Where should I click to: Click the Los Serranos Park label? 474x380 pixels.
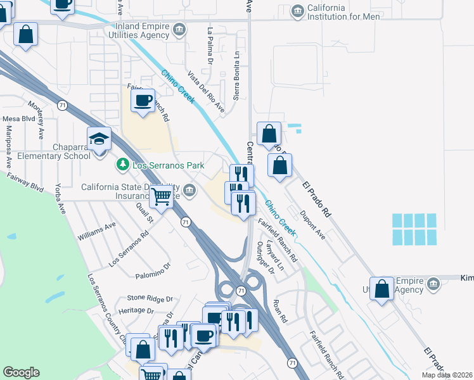pyautogui.click(x=168, y=165)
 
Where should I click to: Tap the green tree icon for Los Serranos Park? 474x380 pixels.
pyautogui.click(x=122, y=165)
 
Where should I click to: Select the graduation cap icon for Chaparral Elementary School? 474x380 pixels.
pyautogui.click(x=99, y=139)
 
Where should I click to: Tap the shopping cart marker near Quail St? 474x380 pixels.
pyautogui.click(x=162, y=198)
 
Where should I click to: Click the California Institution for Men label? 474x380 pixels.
pyautogui.click(x=344, y=11)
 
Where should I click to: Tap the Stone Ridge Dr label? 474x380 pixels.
pyautogui.click(x=150, y=298)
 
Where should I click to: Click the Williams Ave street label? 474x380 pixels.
pyautogui.click(x=97, y=231)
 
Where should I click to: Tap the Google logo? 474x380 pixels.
pyautogui.click(x=21, y=372)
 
